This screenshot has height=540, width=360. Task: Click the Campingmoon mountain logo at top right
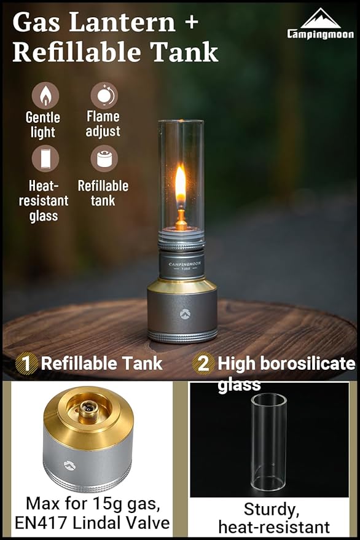click(x=320, y=20)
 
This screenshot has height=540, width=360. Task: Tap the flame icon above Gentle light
click(x=45, y=96)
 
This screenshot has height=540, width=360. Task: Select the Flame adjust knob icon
click(x=104, y=96)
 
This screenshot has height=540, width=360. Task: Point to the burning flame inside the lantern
click(x=181, y=184)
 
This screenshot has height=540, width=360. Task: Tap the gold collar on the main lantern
click(x=181, y=286)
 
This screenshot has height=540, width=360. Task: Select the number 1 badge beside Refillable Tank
click(x=26, y=364)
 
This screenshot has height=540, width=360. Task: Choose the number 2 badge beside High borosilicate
click(x=203, y=364)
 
